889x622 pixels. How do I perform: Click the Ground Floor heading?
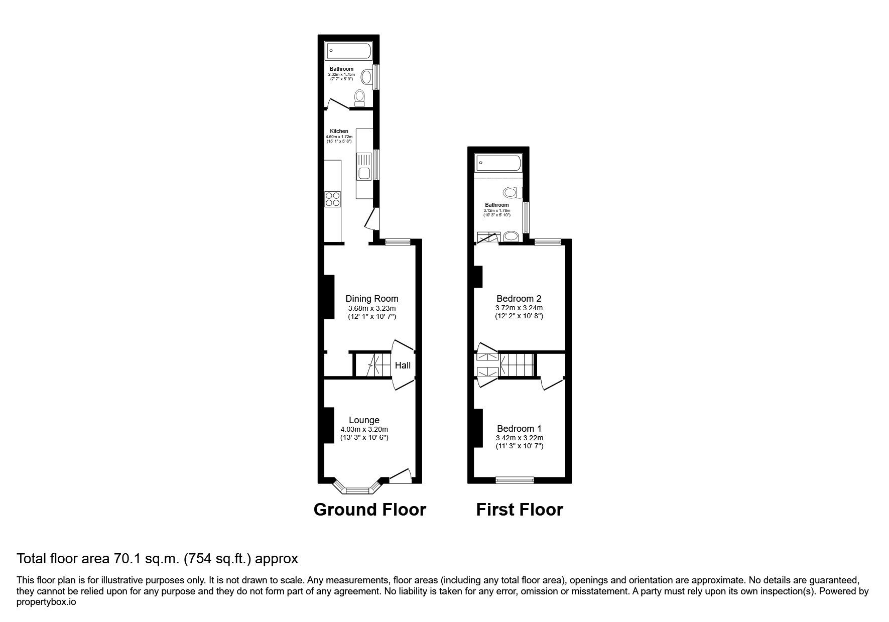pos(369,510)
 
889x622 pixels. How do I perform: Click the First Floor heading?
pos(520,510)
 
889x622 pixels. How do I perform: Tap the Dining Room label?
pos(372,299)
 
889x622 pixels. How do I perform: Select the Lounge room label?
pos(364,420)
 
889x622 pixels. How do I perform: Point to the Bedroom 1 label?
pos(519,429)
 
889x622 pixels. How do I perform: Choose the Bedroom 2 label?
pos(519,299)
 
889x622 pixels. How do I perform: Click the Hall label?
pos(403,365)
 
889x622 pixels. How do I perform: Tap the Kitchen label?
pos(339,132)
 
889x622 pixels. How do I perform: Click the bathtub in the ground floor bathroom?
pos(349,51)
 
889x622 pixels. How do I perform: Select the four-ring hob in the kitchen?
pos(332,199)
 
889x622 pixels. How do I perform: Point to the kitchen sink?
pos(363,167)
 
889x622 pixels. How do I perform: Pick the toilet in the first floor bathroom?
pos(513,192)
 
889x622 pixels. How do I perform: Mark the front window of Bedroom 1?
pos(515,480)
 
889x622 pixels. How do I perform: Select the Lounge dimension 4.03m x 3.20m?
pos(364,429)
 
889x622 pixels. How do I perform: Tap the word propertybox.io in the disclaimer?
pos(46,602)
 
